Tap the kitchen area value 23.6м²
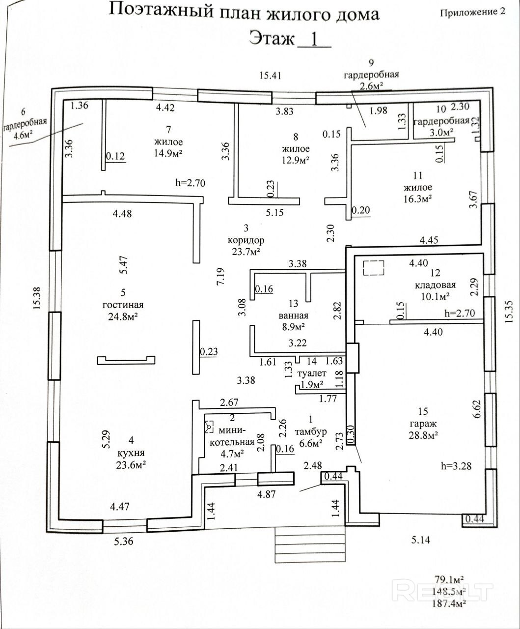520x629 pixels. [x=123, y=465]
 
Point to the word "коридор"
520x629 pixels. [x=246, y=240]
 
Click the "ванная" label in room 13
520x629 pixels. [x=294, y=316]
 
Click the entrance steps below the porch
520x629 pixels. [x=310, y=544]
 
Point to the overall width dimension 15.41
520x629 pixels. [x=272, y=75]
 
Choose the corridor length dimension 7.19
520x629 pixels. [x=222, y=277]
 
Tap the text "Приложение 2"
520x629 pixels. [x=472, y=13]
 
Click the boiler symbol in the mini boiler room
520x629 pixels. [x=209, y=428]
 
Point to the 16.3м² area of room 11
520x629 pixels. [x=417, y=199]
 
